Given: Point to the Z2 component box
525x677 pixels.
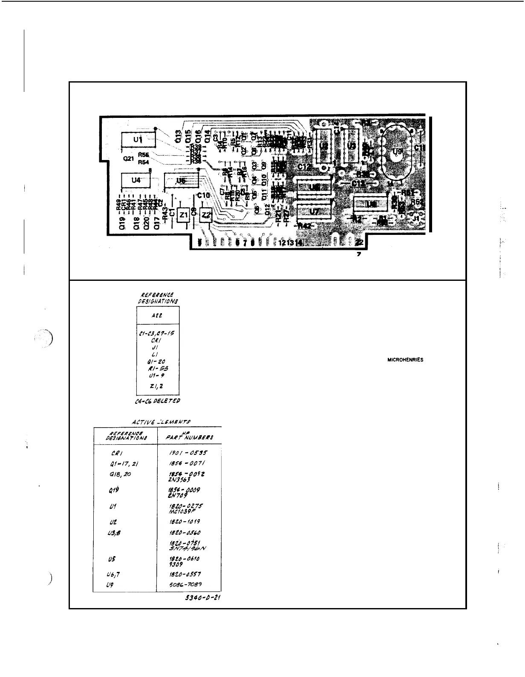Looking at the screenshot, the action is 206,215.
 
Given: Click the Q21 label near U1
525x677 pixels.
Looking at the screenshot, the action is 128,158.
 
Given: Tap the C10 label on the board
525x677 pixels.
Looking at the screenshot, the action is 203,195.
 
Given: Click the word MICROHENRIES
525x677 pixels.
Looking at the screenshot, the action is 405,360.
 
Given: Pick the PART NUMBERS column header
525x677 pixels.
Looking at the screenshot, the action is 190,436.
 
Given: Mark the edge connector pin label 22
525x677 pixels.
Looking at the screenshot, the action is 359,242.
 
